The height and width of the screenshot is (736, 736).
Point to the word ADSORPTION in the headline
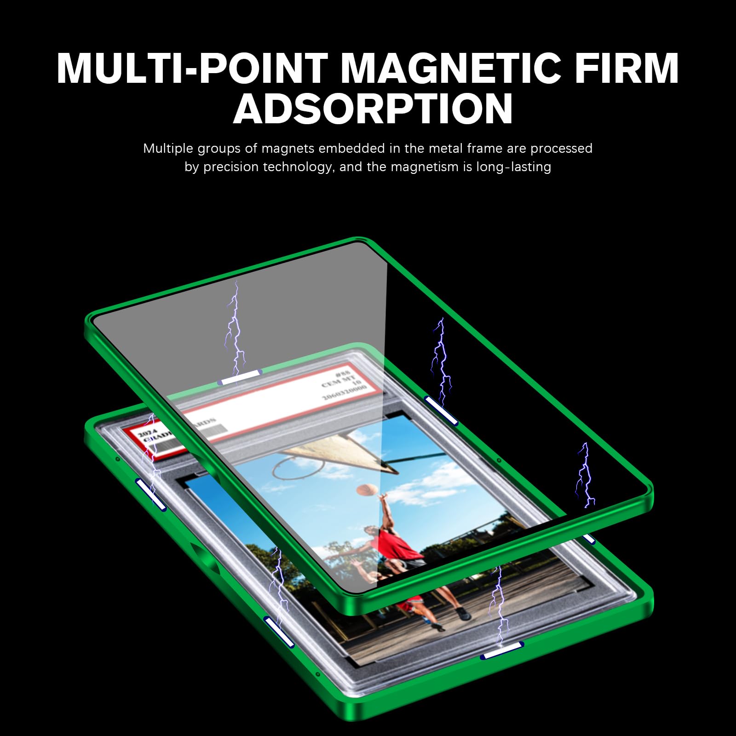[x=373, y=109]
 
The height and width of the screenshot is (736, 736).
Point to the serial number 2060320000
[x=344, y=391]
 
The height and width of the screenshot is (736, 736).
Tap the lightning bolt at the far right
[x=585, y=476]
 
